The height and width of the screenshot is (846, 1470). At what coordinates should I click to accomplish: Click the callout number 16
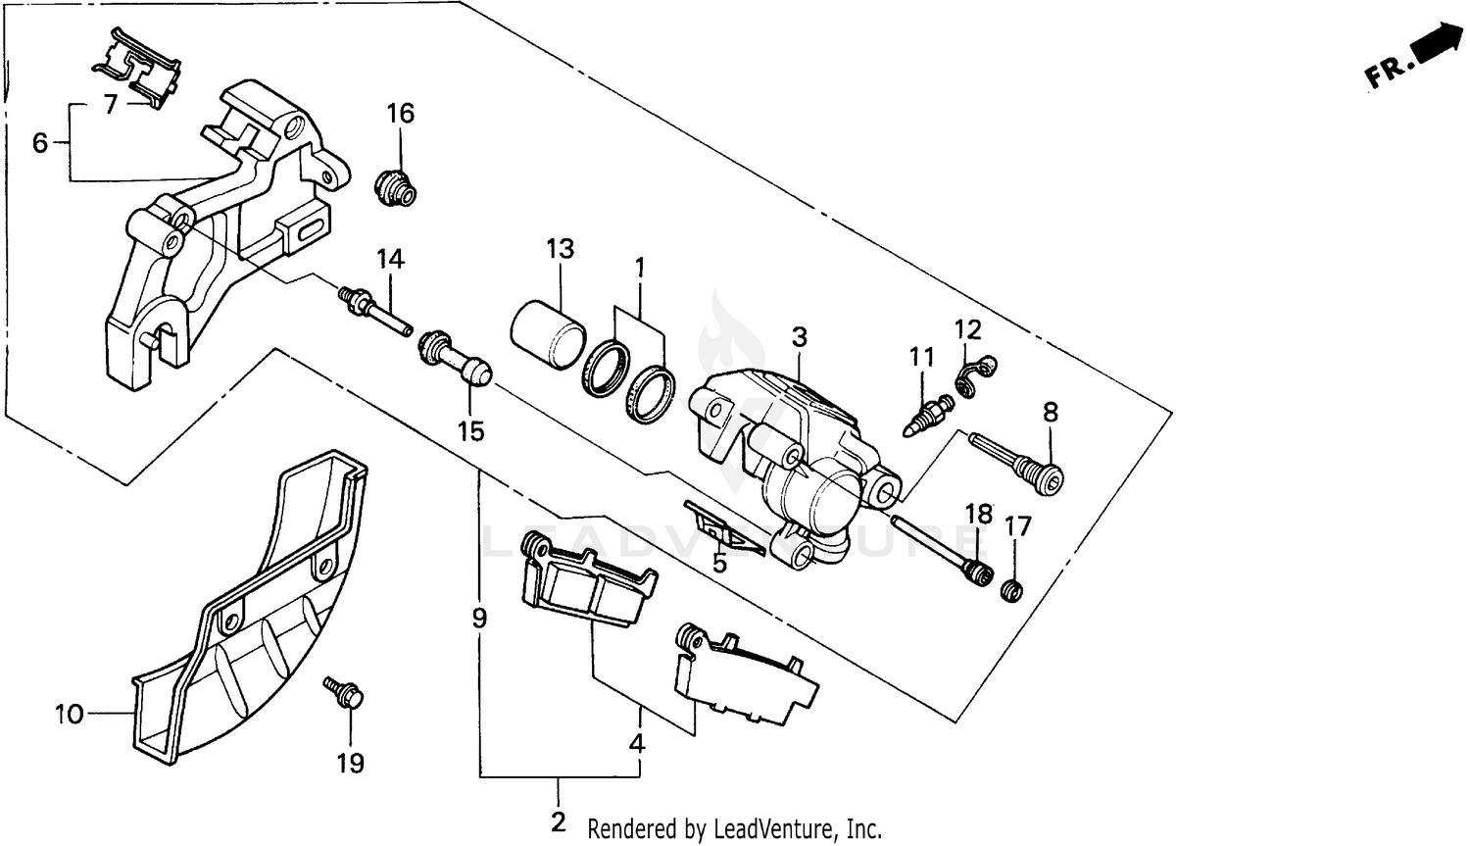click(400, 114)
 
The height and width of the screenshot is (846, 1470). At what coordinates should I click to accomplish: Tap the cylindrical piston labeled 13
click(548, 333)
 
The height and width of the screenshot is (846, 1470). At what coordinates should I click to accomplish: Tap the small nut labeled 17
click(1012, 591)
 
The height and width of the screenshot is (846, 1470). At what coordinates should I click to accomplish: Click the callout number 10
click(69, 715)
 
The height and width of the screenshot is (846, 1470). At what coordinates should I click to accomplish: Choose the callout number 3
click(800, 337)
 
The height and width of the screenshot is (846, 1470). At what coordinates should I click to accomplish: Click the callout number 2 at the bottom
click(559, 821)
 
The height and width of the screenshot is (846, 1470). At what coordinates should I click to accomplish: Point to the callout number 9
click(479, 618)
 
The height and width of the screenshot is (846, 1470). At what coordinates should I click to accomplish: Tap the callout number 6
click(40, 143)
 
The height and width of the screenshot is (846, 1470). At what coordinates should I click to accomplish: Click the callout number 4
click(637, 743)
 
